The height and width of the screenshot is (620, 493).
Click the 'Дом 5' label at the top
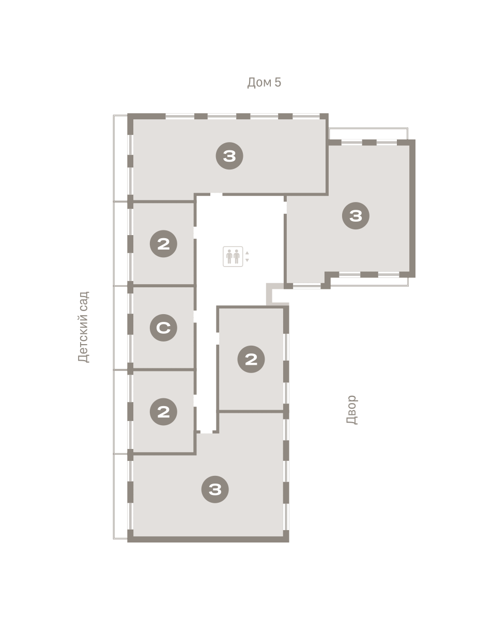264,82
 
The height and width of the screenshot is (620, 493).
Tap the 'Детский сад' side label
84,327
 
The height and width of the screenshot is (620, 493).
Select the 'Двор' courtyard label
351,409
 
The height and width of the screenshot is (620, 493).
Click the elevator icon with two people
233,256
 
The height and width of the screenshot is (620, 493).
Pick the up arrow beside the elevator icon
247,253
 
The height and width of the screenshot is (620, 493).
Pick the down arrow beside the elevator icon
247,260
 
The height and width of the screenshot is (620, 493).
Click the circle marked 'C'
163,328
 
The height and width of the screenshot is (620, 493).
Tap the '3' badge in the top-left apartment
229,156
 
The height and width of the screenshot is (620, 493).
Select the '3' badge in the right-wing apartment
356,215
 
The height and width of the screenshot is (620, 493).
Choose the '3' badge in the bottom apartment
215,489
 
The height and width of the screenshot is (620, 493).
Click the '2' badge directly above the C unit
163,243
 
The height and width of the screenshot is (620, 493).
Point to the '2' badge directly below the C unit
163,411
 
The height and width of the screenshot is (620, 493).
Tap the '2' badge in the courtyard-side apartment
251,359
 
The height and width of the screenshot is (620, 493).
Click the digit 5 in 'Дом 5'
278,82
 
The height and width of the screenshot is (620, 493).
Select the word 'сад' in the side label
84,302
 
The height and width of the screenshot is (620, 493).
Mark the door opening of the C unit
195,316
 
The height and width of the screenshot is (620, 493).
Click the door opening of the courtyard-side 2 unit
218,338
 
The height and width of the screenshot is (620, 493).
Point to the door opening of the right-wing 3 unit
285,207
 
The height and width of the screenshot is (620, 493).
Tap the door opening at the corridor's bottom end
206,431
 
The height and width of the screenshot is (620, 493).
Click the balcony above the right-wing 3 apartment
368,134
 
